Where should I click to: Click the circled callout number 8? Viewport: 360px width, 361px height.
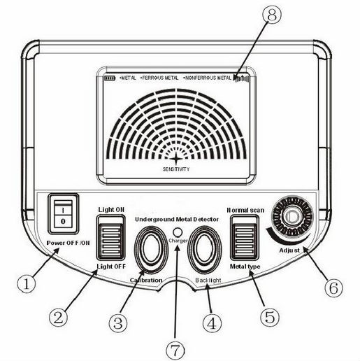point(272,14)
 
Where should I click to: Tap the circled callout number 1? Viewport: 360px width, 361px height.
point(27,284)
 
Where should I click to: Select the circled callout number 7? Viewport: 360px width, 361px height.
point(175,350)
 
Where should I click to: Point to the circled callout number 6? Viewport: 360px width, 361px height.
point(333,288)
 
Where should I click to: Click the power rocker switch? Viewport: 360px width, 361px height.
point(64,214)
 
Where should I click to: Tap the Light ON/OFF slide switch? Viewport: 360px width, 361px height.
point(111,238)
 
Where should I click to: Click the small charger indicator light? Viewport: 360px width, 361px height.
point(178,232)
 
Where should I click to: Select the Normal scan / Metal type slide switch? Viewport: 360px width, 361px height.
point(245,238)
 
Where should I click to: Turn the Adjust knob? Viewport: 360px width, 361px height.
point(292,217)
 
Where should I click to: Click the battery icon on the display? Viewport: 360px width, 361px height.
point(110,78)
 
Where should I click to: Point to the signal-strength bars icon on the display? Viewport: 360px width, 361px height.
point(242,78)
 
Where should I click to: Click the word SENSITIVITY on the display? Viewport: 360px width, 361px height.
point(176,169)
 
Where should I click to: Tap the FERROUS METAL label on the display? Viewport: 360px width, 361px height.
point(159,78)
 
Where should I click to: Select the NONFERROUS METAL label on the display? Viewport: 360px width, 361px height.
point(208,78)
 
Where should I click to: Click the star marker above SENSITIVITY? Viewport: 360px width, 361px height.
point(176,159)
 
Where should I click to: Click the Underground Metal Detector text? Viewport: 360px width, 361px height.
point(177,219)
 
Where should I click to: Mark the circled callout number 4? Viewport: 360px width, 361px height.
point(212,323)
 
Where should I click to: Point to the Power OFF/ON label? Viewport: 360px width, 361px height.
point(68,243)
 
